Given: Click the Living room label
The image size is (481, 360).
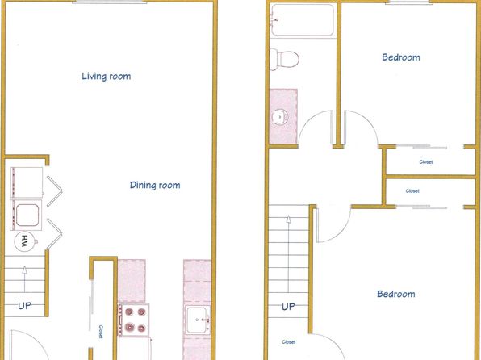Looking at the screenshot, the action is point(107,76).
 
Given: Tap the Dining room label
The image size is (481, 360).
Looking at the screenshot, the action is point(155,185).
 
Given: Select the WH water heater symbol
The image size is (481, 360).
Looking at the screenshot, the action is point(25,241).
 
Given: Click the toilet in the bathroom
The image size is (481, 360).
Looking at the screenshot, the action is point(284,59).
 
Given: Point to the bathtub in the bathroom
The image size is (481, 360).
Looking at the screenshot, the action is point(303,19).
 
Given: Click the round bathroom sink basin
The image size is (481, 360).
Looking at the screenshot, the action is point(280,117).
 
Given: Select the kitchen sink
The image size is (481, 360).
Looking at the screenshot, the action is point(198,320).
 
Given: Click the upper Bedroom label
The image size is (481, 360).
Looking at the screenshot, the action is point(400,57).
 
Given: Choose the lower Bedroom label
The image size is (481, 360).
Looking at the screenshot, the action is point(395,294).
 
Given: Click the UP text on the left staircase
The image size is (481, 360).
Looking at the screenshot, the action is point(24,306).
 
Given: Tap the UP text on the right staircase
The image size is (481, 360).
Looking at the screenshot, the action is point(288,307).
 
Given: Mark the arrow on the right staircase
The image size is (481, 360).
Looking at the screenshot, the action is point(288,253).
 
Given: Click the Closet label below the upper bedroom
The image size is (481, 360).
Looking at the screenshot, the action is point(426,161).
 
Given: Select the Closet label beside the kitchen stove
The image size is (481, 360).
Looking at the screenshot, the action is point(101,332).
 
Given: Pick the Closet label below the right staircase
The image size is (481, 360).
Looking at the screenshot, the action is point(289,342).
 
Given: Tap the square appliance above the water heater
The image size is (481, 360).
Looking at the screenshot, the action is point(26,216).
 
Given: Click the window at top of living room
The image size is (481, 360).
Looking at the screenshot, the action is point(110,2).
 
